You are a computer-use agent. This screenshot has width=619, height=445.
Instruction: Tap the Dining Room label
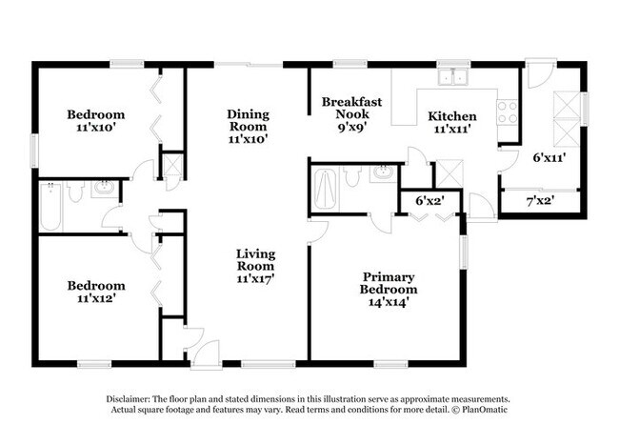point(248,120)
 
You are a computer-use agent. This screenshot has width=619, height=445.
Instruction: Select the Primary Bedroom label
point(388,284)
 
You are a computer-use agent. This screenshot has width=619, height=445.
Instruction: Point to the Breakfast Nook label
point(351,108)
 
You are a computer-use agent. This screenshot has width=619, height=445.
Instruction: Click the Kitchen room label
point(452,116)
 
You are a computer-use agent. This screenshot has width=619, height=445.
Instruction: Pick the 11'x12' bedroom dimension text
point(96,298)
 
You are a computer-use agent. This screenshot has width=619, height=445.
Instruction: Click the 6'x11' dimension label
point(549,158)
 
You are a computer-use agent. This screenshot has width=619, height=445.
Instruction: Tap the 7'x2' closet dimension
point(541,201)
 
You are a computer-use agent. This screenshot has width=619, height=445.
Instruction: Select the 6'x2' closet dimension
point(430,201)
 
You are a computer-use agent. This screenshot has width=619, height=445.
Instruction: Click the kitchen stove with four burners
point(507,112)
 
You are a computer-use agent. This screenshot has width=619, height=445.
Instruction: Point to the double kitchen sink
point(453,76)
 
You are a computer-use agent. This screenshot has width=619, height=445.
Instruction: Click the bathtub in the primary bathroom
point(325,189)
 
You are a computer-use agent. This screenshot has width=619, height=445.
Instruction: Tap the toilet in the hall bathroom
point(74,192)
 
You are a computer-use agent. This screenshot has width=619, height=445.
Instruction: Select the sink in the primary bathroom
point(382,172)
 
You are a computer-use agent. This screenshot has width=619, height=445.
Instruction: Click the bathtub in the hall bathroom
point(50,207)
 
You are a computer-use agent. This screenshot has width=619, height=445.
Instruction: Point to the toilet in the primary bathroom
point(352,175)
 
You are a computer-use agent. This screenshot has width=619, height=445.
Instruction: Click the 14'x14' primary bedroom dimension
point(388,302)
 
